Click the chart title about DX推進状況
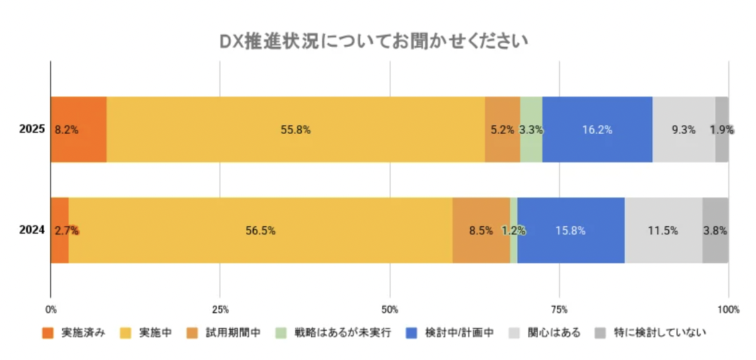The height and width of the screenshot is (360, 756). pos(374,42)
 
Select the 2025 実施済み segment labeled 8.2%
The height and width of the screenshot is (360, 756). pos(78,130)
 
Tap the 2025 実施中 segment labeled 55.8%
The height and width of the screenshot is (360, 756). pos(295,130)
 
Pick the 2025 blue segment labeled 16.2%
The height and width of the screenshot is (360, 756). pos(597,130)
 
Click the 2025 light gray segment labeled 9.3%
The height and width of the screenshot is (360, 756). pos(683,130)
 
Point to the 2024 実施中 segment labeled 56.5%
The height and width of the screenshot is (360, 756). pos(260,231)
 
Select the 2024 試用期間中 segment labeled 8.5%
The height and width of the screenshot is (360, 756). pos(481,231)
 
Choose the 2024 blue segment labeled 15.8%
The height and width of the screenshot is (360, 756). pos(571,231)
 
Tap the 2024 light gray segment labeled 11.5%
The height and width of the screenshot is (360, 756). pos(663,231)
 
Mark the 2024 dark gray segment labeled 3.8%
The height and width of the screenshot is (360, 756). pos(715,231)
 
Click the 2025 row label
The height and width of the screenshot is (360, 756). pos(32,130)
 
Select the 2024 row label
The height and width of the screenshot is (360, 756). pos(32,231)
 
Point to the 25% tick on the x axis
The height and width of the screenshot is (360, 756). pos(220,310)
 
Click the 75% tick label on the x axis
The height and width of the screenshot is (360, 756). pos(559,310)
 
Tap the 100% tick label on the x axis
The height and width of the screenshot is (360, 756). pos(728,310)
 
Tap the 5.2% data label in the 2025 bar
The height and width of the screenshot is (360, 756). pos(502,130)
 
